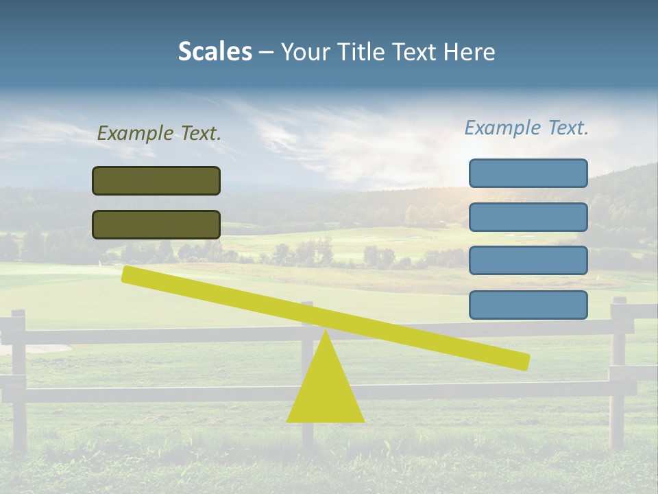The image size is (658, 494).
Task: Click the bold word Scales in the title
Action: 215,51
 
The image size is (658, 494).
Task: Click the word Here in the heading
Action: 469,51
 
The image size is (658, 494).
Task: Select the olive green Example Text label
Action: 159,133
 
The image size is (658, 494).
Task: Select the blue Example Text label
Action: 526,128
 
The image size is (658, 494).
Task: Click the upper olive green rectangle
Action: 156,180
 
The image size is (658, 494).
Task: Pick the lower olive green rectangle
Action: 156,224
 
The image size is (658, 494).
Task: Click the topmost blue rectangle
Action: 528,173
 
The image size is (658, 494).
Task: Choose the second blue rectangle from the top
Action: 528,217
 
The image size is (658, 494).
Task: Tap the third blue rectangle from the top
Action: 528,261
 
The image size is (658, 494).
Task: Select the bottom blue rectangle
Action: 528,305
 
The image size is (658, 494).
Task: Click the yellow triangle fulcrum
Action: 326,391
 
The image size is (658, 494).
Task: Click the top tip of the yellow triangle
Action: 326,332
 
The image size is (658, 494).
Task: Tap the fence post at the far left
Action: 19,377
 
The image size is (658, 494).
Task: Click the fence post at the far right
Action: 618,370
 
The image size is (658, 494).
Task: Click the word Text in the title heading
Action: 417,51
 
